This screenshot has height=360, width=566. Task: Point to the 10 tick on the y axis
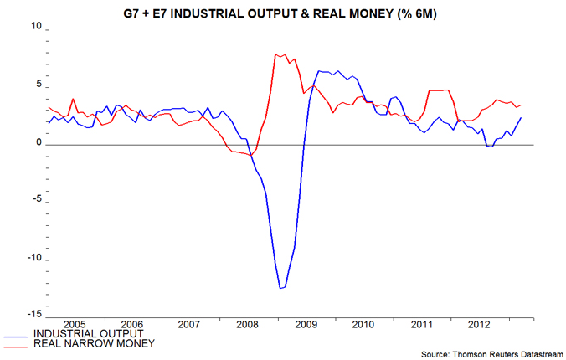(34, 28)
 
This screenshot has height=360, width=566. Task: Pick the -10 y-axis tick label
(33, 258)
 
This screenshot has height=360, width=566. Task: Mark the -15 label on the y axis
(33, 315)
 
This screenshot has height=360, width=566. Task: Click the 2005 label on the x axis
(75, 324)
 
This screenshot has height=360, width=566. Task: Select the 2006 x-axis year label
(134, 324)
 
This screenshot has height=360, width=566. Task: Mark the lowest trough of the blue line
(281, 289)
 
